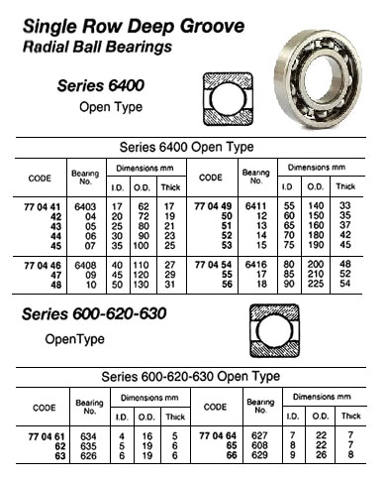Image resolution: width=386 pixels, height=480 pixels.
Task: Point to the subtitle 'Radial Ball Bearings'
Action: tap(99, 47)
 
